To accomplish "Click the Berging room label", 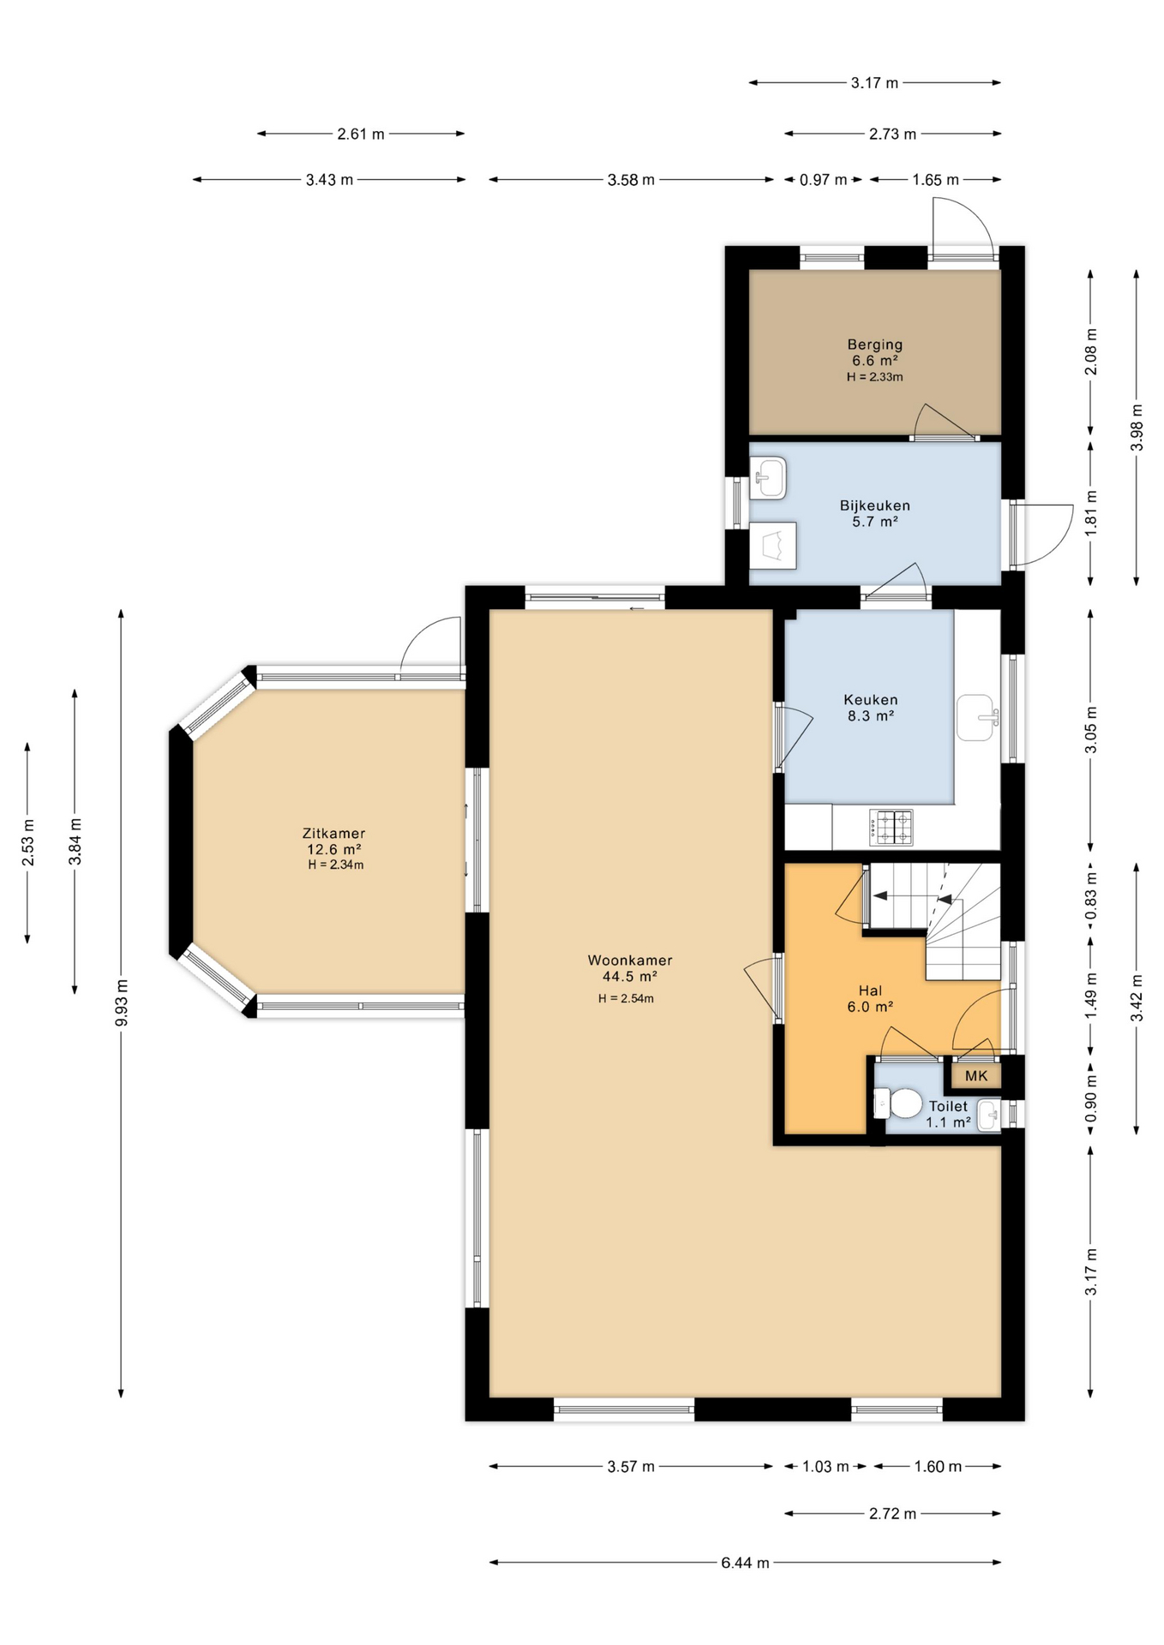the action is (x=874, y=344).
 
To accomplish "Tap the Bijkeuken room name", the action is (x=874, y=505).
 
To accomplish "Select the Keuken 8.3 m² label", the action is (x=871, y=708).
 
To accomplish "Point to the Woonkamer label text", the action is (x=630, y=960).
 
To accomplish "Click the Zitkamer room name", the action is (x=333, y=833).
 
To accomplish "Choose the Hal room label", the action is (x=870, y=990).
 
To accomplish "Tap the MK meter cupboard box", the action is (x=976, y=1076).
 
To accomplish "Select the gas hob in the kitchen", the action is (x=891, y=827).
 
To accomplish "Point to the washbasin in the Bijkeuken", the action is (x=768, y=477).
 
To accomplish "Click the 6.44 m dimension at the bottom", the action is (x=745, y=1563).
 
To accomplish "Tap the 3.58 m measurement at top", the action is (x=631, y=180).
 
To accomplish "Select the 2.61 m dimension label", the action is (x=361, y=134).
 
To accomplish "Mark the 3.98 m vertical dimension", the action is (x=1137, y=428).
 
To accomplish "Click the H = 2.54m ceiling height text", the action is (x=626, y=998).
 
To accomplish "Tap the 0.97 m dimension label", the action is (x=823, y=180).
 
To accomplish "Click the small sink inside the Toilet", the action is (x=988, y=1115).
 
